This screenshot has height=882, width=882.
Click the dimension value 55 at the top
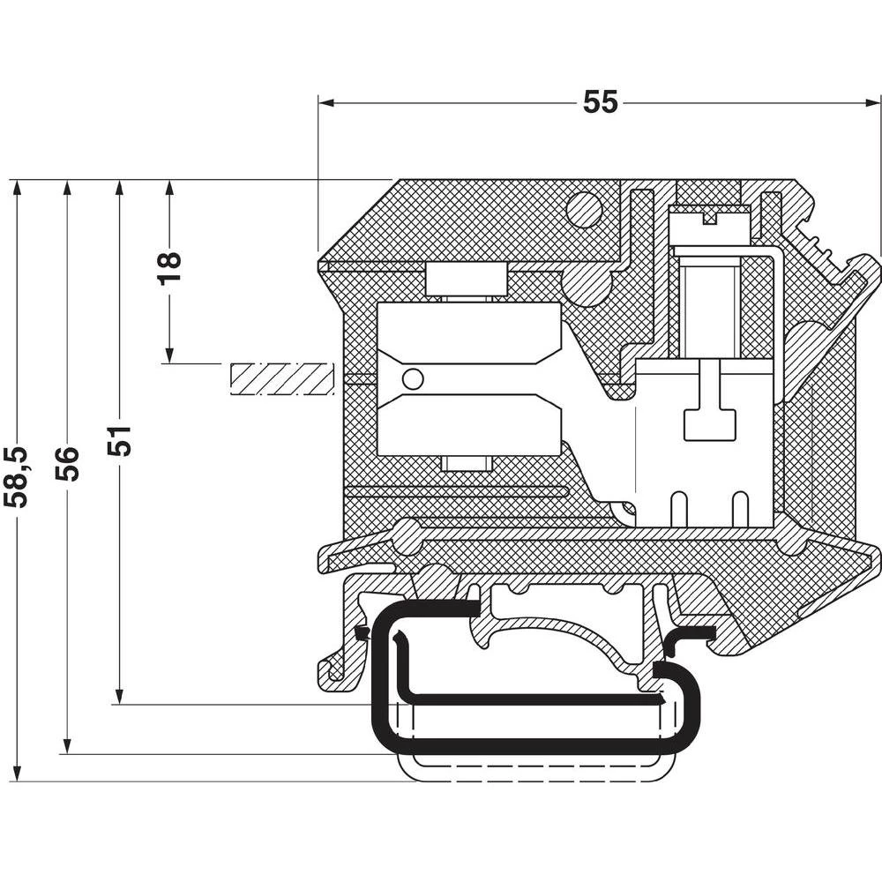tap(601, 103)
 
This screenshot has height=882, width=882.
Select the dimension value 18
tap(169, 266)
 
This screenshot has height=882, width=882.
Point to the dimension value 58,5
tap(16, 477)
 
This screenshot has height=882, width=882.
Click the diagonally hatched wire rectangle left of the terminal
tap(281, 378)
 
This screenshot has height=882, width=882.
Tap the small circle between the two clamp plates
tap(412, 379)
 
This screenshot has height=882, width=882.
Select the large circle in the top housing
tap(583, 210)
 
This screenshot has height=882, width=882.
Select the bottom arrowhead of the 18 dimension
tap(169, 356)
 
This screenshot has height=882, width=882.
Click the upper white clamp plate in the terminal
tap(469, 333)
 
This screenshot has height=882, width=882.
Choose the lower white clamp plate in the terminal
tap(469, 425)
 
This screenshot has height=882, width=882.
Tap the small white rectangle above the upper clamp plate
tap(467, 281)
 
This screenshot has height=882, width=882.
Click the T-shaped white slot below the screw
tap(710, 415)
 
